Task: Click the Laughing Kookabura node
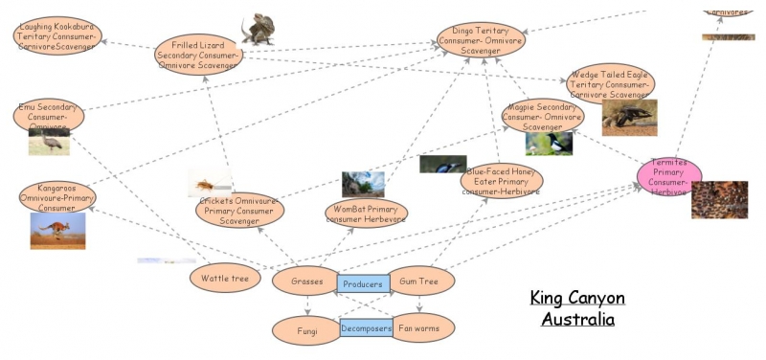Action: tap(56, 36)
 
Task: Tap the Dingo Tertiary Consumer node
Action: tap(481, 40)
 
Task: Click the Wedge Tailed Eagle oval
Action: tap(610, 84)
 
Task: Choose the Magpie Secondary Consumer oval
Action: tap(542, 116)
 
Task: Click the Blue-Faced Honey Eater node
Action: tap(501, 179)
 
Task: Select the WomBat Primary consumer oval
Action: tap(365, 213)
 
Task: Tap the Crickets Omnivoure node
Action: tap(240, 209)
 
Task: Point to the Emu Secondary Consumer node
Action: tap(49, 116)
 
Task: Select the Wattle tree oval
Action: tap(225, 280)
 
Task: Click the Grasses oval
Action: tap(306, 281)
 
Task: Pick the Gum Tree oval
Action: tap(419, 281)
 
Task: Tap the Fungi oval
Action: tap(306, 329)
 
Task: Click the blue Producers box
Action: tap(363, 283)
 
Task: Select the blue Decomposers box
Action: tap(367, 328)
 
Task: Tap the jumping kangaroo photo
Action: tap(57, 231)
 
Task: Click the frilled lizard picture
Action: tap(258, 29)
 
